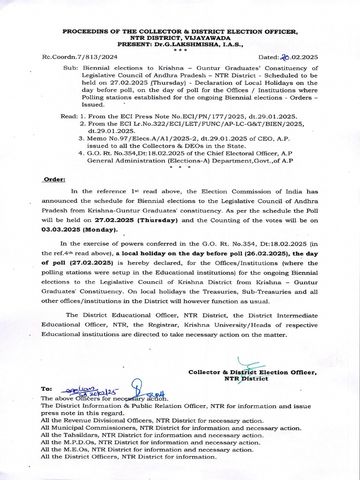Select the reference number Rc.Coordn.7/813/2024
(x=80, y=58)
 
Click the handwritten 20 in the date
(x=285, y=57)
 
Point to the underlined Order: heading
(x=54, y=179)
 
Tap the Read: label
(x=69, y=116)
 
